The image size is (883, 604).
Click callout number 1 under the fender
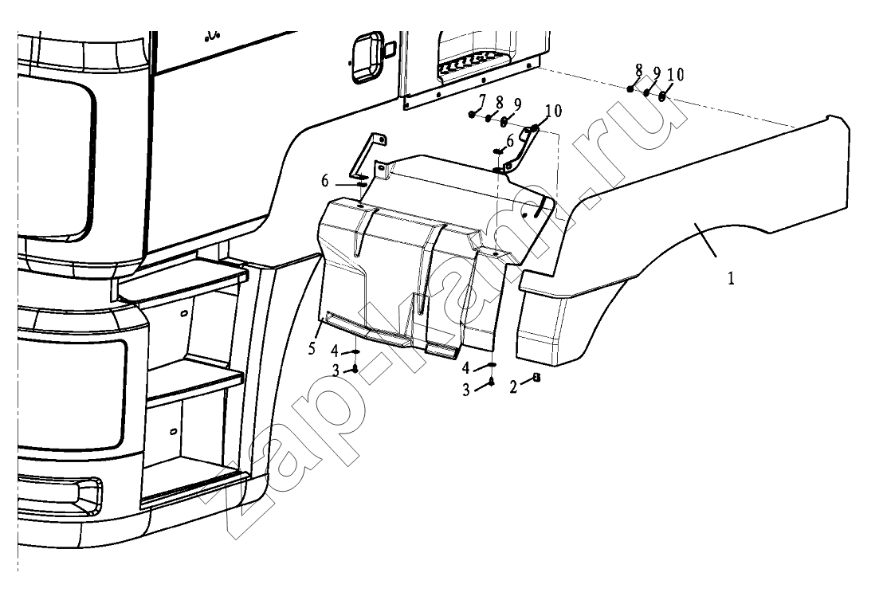[x=731, y=279]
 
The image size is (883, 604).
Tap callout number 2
[x=513, y=387]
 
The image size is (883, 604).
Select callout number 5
[x=312, y=348]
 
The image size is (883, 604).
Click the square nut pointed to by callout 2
[x=536, y=378]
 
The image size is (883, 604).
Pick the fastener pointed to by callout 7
[x=471, y=115]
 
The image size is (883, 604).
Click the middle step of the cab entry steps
[x=194, y=382]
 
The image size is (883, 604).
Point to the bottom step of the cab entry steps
[x=194, y=485]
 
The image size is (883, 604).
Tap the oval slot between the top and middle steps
[x=183, y=313]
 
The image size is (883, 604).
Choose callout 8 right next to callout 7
[x=500, y=103]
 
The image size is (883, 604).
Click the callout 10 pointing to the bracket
[x=554, y=111]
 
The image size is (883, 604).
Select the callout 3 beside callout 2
[x=465, y=390]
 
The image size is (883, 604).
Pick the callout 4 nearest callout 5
[x=335, y=352]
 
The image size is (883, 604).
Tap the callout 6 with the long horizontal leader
[x=325, y=181]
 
